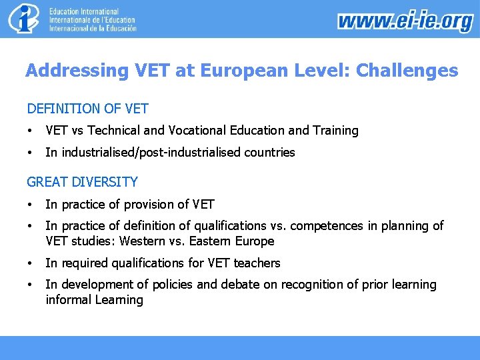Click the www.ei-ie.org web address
pos(405,21)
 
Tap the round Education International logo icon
pos(24,19)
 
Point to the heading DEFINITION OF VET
pos(87,108)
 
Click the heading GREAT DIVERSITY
pos(82,182)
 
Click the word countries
pos(269,153)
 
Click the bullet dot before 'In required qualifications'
pos(30,263)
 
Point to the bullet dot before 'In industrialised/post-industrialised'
pos(30,153)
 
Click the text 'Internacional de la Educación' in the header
pos(93,29)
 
